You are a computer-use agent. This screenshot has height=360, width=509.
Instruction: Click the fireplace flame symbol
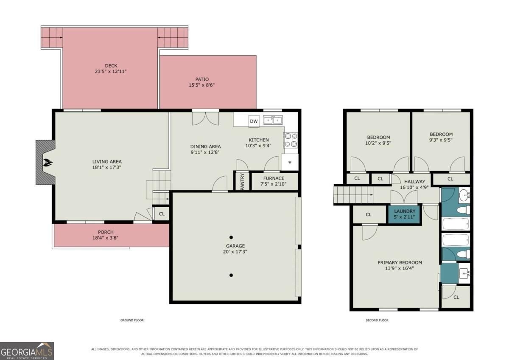pyautogui.click(x=48, y=163)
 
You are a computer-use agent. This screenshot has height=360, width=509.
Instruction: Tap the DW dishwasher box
pyautogui.click(x=254, y=121)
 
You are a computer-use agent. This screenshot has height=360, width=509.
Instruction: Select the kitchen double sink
pyautogui.click(x=273, y=120)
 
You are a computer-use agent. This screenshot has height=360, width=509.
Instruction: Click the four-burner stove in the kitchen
pyautogui.click(x=291, y=140)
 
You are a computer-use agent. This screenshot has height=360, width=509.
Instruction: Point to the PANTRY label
pyautogui.click(x=242, y=181)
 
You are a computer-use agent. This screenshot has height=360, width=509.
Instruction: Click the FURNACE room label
pyautogui.click(x=274, y=178)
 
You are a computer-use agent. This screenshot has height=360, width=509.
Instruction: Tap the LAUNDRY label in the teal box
pyautogui.click(x=405, y=211)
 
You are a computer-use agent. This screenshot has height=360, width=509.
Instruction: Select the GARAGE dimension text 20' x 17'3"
pyautogui.click(x=235, y=252)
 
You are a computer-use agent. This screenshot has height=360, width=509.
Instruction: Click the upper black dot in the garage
pyautogui.click(x=231, y=237)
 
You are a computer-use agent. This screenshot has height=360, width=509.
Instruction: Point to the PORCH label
pyautogui.click(x=106, y=232)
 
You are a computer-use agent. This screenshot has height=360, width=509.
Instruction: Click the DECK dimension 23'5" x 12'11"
pyautogui.click(x=111, y=71)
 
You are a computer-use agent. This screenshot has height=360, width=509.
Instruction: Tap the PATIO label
pyautogui.click(x=202, y=79)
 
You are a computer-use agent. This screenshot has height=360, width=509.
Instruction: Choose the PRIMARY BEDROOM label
pyautogui.click(x=400, y=262)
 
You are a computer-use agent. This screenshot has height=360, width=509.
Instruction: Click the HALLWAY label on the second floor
pyautogui.click(x=415, y=182)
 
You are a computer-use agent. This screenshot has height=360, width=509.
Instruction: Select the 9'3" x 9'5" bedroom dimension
pyautogui.click(x=441, y=140)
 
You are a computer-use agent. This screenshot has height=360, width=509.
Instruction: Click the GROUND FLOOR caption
pyautogui.click(x=132, y=320)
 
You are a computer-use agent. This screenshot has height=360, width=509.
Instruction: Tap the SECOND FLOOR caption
pyautogui.click(x=377, y=320)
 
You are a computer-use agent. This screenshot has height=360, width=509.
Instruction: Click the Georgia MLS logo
pyautogui.click(x=27, y=351)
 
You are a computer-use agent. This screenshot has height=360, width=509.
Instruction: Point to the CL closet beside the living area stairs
pyautogui.click(x=162, y=214)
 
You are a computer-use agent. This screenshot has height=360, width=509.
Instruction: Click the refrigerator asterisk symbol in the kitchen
pyautogui.click(x=290, y=162)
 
